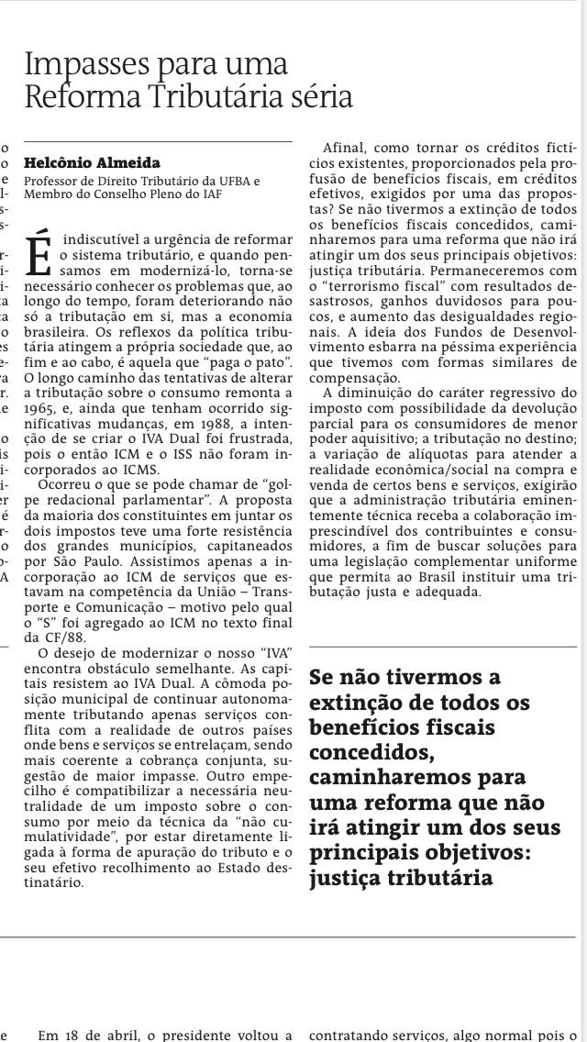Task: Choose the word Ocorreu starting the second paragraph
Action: [x=65, y=482]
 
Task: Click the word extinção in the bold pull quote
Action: [x=355, y=703]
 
